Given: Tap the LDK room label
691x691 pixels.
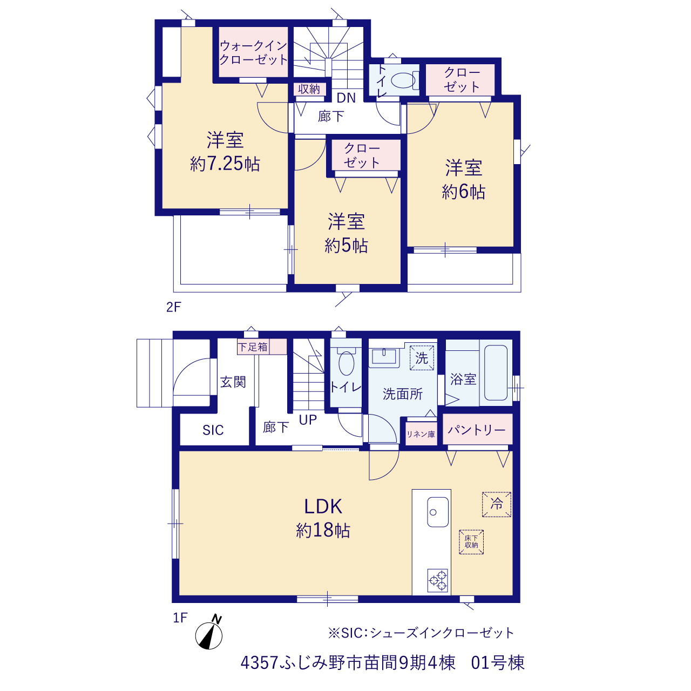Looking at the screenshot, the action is (323, 507).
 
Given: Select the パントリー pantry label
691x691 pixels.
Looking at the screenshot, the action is (477, 430).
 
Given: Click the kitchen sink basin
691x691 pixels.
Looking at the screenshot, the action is (437, 512).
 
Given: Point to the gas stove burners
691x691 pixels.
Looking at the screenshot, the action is (437, 580).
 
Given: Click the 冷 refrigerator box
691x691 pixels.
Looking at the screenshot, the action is (496, 505).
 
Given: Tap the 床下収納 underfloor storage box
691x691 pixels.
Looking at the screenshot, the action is (471, 542).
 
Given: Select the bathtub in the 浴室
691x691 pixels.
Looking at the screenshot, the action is (496, 372).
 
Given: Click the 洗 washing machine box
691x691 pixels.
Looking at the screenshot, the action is (422, 358).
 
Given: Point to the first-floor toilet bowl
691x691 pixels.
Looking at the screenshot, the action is (346, 364).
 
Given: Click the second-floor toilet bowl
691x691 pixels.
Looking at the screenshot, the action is (403, 80).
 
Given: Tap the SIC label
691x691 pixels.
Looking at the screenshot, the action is (213, 430).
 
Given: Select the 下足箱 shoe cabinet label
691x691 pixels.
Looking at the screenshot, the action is (253, 347).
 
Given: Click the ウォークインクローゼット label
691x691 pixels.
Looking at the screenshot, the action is (254, 53).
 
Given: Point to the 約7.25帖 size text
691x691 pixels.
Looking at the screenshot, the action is (225, 164).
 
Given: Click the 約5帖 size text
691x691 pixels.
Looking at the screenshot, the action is (346, 246).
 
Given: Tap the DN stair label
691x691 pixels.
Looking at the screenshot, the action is (346, 98).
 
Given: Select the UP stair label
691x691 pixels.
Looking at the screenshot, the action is (308, 420).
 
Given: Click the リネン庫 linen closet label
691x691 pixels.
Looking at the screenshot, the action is (421, 434).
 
